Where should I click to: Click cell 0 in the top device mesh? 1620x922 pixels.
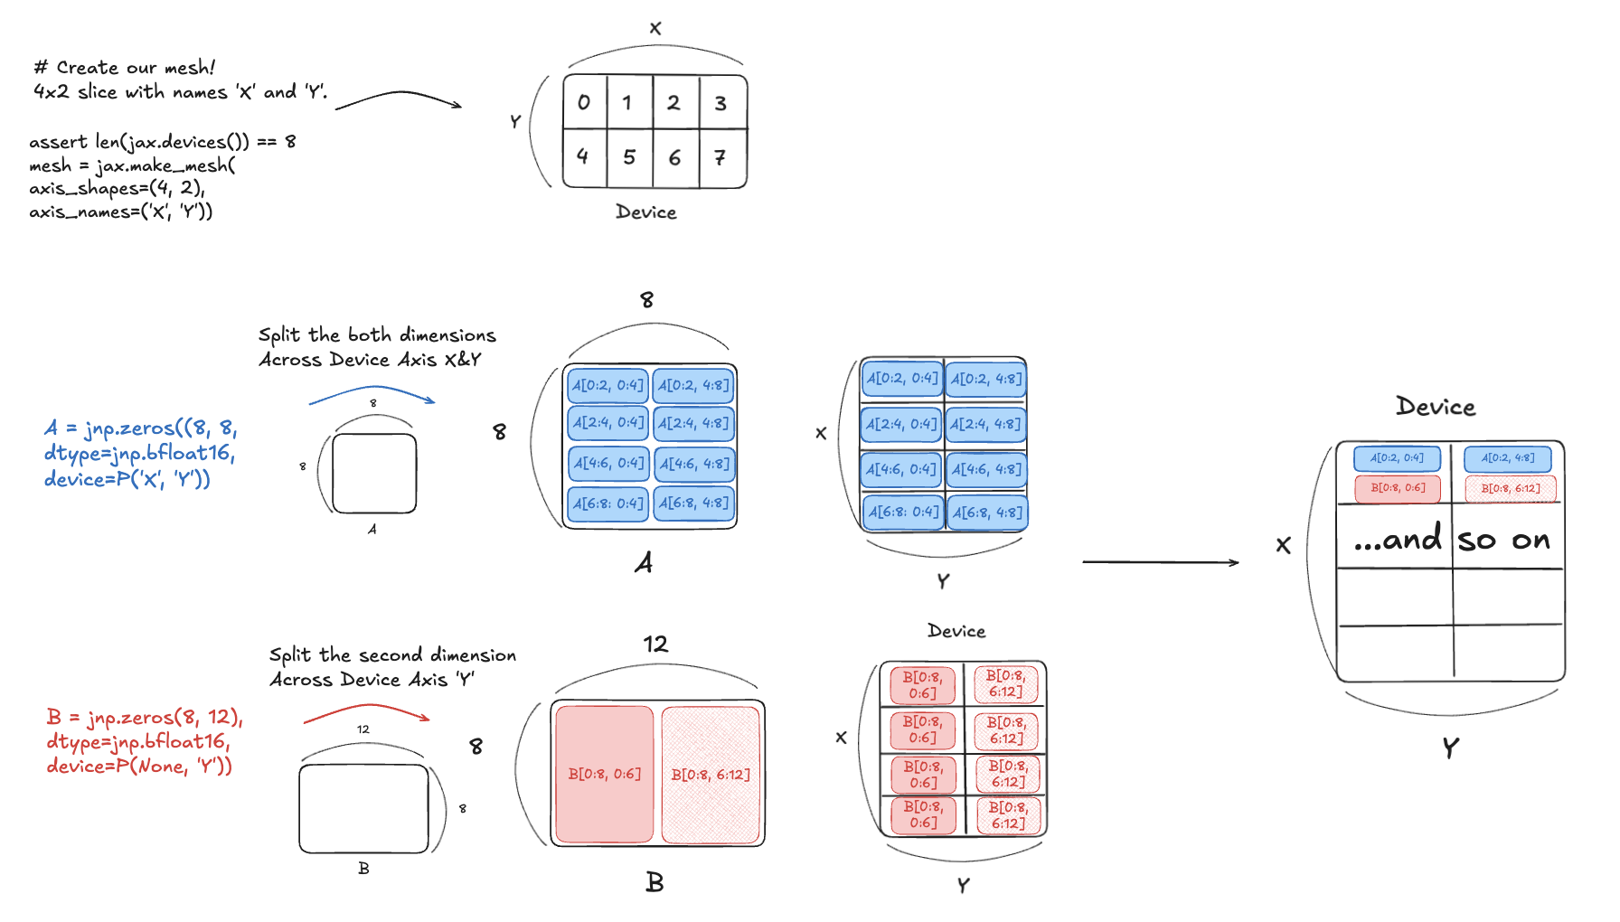(585, 102)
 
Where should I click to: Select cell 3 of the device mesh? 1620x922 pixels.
(721, 103)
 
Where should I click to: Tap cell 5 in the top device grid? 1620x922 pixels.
(629, 157)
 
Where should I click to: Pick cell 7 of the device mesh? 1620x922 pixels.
(721, 158)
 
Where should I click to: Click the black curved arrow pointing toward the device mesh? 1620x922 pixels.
(399, 96)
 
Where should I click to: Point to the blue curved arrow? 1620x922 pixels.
(372, 391)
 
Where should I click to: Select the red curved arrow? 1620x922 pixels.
(365, 711)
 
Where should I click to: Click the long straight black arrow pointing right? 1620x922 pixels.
(1160, 562)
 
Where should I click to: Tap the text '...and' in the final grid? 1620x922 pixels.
(1398, 540)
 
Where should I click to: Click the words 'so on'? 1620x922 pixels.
(1504, 541)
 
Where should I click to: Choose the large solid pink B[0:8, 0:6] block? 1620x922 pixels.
(604, 774)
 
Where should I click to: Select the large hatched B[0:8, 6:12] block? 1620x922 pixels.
(711, 774)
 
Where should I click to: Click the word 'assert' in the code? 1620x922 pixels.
(58, 142)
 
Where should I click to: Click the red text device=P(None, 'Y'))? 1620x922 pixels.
(139, 767)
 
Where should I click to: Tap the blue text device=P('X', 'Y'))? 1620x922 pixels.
(127, 479)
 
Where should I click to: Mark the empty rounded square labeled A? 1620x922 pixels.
(374, 474)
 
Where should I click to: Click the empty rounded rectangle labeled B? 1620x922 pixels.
(363, 809)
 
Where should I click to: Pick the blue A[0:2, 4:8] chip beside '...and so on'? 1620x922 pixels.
(1507, 458)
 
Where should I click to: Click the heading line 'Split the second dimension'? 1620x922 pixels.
(392, 655)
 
